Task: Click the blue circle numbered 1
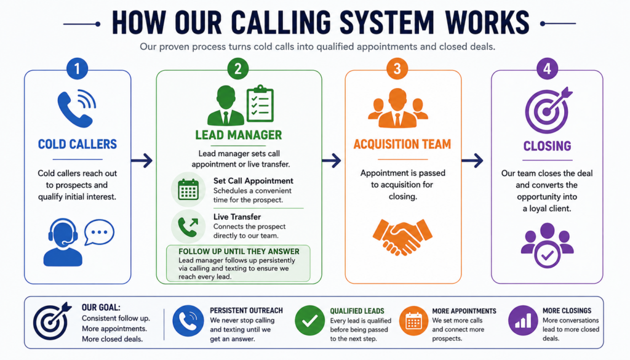pyautogui.click(x=77, y=68)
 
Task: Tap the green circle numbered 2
pyautogui.click(x=238, y=68)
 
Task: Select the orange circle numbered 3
pyautogui.click(x=397, y=68)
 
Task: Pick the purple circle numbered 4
pyautogui.click(x=547, y=68)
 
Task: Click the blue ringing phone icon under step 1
pyautogui.click(x=76, y=108)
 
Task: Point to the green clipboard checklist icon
pyautogui.click(x=260, y=103)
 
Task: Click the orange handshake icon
pyautogui.click(x=402, y=237)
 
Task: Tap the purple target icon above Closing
pyautogui.click(x=548, y=110)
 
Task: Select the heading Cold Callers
pyautogui.click(x=78, y=144)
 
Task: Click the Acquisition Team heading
pyautogui.click(x=402, y=144)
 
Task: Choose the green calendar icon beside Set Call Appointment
pyautogui.click(x=188, y=190)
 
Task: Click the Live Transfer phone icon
pyautogui.click(x=188, y=226)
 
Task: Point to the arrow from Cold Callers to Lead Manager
pyautogui.click(x=142, y=161)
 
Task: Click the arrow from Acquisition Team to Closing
pyautogui.click(x=472, y=161)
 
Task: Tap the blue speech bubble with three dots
pyautogui.click(x=99, y=232)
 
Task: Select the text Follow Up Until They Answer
pyautogui.click(x=239, y=252)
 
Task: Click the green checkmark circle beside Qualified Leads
pyautogui.click(x=310, y=320)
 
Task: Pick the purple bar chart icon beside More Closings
pyautogui.click(x=523, y=320)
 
